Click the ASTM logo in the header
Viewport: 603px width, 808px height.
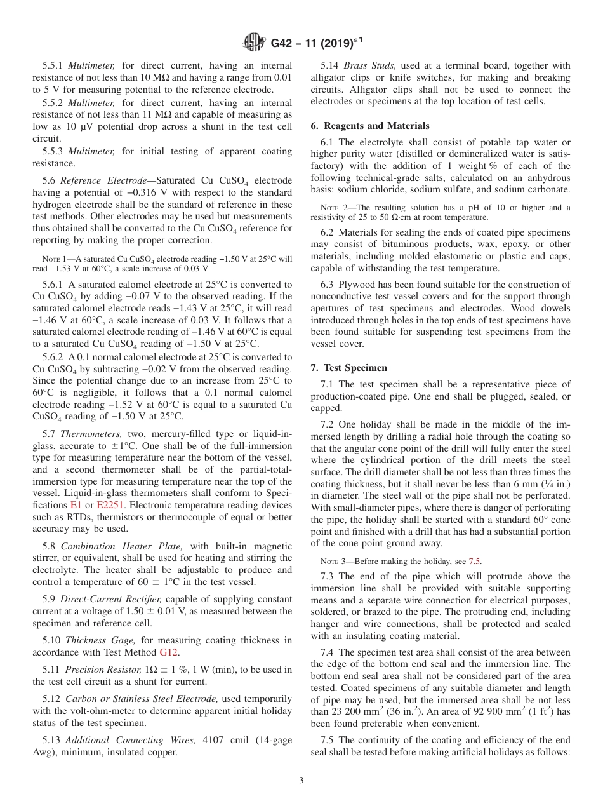tap(254, 43)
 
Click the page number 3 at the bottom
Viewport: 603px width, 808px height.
tap(301, 781)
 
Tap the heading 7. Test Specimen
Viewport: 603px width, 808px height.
tap(357, 368)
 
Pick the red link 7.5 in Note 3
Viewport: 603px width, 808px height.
tap(474, 561)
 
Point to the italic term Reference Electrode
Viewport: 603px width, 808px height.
tap(105, 181)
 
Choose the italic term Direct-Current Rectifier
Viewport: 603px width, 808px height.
tap(110, 599)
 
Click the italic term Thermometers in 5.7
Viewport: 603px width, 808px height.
tap(88, 434)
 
